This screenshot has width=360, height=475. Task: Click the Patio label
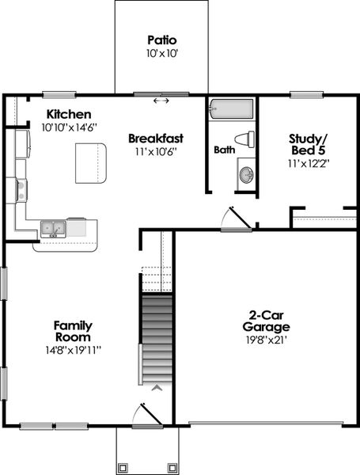[x=161, y=40]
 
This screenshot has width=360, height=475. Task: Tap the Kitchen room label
[x=68, y=114]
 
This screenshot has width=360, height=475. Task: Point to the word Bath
[x=224, y=150]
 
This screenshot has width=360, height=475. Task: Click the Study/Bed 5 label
[x=309, y=145]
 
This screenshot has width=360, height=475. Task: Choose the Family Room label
[x=73, y=331]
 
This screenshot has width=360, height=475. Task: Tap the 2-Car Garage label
[x=266, y=321]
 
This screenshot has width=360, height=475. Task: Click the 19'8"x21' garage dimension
[x=266, y=340]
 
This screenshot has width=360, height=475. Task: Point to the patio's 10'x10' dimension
[x=161, y=54]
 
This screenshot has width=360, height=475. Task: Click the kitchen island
[x=90, y=162]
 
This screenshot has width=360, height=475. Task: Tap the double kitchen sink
[x=54, y=229]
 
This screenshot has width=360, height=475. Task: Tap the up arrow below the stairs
[x=157, y=388]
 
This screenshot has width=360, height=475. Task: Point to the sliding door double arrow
[x=161, y=101]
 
